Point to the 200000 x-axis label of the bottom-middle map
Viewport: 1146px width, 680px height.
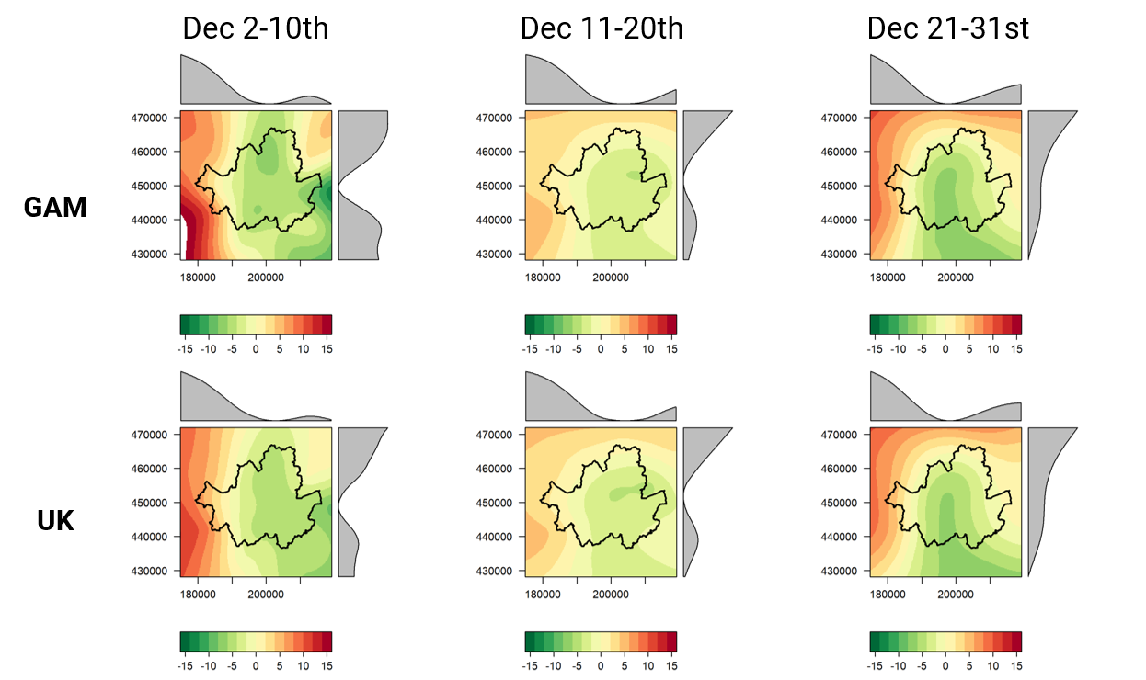(611, 595)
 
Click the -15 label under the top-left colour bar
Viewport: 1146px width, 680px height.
(184, 349)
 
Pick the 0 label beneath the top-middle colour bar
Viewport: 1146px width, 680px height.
(601, 349)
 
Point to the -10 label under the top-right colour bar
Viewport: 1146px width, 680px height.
(898, 349)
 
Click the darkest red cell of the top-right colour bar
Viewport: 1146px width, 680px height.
(1016, 324)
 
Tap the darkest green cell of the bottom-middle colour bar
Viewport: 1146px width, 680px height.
(530, 641)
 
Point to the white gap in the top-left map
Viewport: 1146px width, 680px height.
(183, 239)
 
